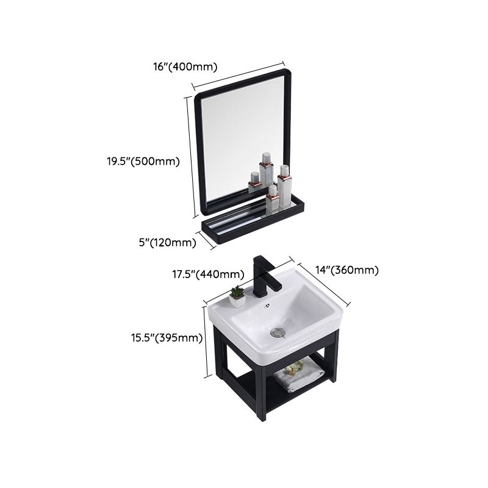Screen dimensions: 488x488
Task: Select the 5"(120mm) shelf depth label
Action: (167, 242)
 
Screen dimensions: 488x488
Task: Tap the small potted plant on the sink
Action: (238, 296)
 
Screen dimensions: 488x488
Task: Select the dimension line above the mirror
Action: (238, 74)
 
